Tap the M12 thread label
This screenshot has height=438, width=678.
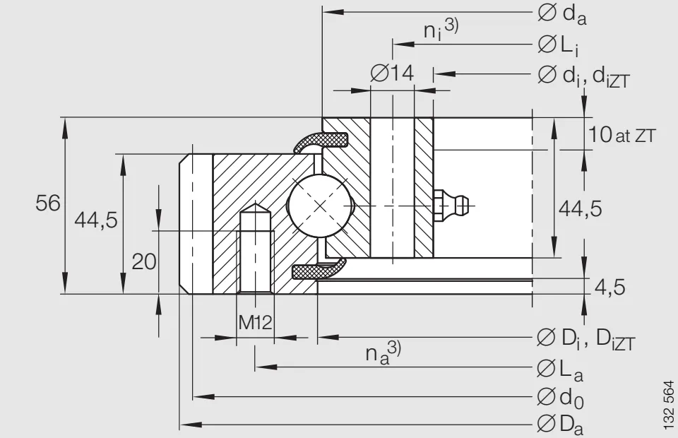click(254, 323)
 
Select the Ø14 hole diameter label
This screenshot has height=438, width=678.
click(391, 72)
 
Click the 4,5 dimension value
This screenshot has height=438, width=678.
click(608, 287)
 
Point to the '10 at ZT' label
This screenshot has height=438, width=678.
click(622, 134)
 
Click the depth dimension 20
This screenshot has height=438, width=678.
click(144, 261)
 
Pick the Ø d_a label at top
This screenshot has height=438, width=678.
click(561, 13)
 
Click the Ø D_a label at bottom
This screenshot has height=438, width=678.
click(561, 424)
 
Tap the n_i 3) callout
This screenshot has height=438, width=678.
click(440, 30)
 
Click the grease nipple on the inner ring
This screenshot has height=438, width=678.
click(453, 206)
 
